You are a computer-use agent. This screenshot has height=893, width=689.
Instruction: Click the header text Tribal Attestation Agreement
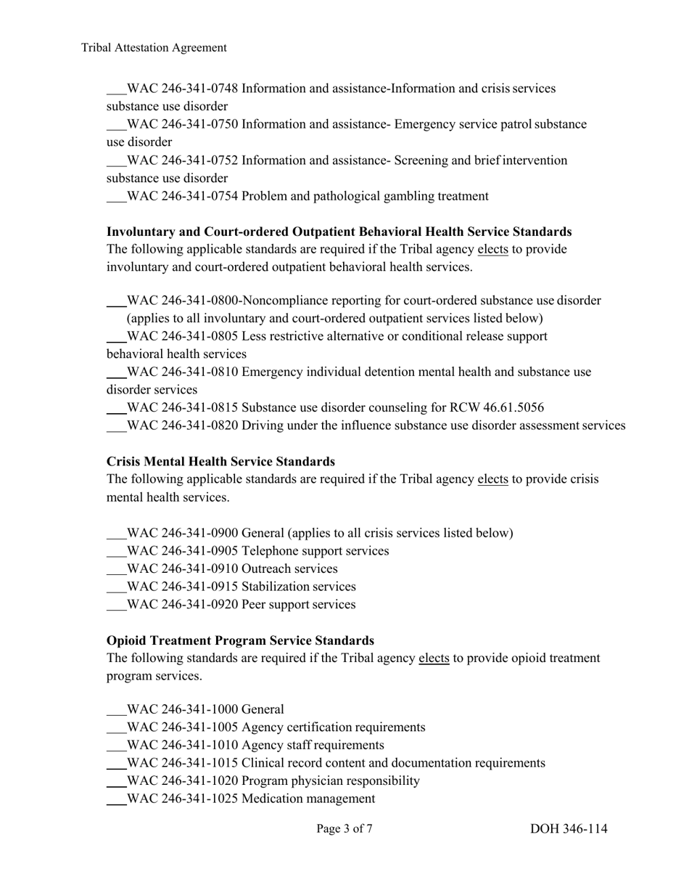coord(154,48)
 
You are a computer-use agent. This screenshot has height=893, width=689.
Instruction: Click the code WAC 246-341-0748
coord(182,89)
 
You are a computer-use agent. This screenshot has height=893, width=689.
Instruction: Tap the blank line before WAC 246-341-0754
coord(116,197)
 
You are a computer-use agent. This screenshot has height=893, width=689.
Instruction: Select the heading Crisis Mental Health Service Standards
coord(220,462)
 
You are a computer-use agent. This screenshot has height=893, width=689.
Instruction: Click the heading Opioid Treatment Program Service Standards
coord(240,640)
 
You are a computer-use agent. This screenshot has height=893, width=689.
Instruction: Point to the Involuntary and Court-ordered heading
coord(339,232)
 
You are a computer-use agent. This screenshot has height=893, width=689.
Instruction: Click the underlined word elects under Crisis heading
coord(492,480)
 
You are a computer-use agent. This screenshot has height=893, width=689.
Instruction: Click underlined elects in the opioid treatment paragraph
coord(434,658)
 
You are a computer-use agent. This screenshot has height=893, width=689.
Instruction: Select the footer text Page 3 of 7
coord(344,828)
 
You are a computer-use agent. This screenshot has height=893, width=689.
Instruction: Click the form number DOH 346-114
coord(569,828)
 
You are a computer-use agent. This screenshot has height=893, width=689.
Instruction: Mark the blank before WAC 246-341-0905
coord(116,552)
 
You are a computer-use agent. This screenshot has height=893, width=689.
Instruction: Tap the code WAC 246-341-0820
coord(182,425)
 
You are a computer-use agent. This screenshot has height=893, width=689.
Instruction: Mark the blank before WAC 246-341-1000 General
coord(116,711)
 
